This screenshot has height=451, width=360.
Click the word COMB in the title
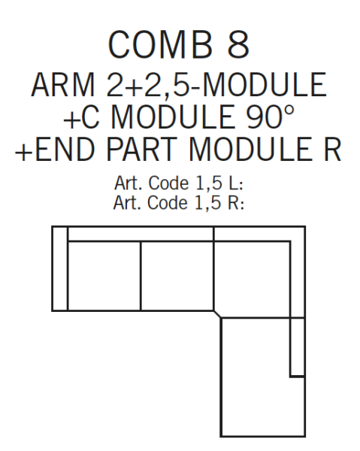(x=160, y=44)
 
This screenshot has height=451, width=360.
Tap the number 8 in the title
(x=238, y=44)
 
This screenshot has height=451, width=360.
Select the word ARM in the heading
(x=63, y=84)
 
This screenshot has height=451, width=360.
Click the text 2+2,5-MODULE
(x=216, y=85)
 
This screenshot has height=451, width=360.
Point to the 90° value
(x=271, y=117)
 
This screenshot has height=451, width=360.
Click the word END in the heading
(x=65, y=150)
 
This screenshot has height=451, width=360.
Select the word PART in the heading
(x=141, y=150)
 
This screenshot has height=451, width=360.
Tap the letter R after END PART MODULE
(x=333, y=150)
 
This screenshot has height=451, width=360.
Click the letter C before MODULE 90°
(x=90, y=117)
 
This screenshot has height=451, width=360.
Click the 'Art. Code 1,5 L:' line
(x=179, y=183)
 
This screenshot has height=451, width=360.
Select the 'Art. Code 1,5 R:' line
(x=179, y=202)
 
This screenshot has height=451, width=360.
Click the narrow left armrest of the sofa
(x=60, y=268)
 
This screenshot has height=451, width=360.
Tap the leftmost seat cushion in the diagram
(x=104, y=276)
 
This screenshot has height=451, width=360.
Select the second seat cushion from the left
(x=177, y=276)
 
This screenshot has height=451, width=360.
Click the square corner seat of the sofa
(x=252, y=280)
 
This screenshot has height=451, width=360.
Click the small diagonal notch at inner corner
(x=217, y=314)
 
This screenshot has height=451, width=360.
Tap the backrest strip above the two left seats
(x=141, y=234)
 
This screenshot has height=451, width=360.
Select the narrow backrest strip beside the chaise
(x=298, y=347)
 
